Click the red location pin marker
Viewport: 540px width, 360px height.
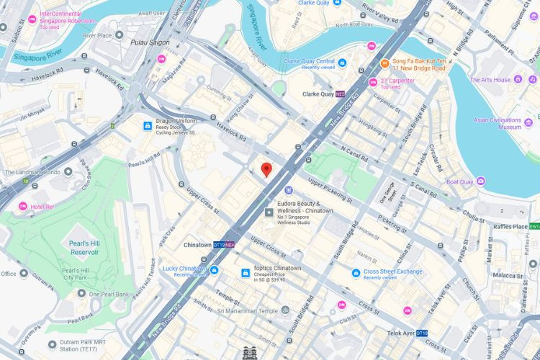pos(266,170)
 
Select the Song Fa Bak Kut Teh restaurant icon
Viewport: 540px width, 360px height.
pos(385,63)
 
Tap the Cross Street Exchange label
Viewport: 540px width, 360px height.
pos(392,271)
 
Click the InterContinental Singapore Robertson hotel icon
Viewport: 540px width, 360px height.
pos(32,17)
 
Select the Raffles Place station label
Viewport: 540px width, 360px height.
pos(510,226)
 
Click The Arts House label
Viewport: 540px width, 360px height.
pos(490,80)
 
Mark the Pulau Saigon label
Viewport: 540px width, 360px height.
pos(150,42)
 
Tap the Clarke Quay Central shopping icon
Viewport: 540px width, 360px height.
pos(342,63)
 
